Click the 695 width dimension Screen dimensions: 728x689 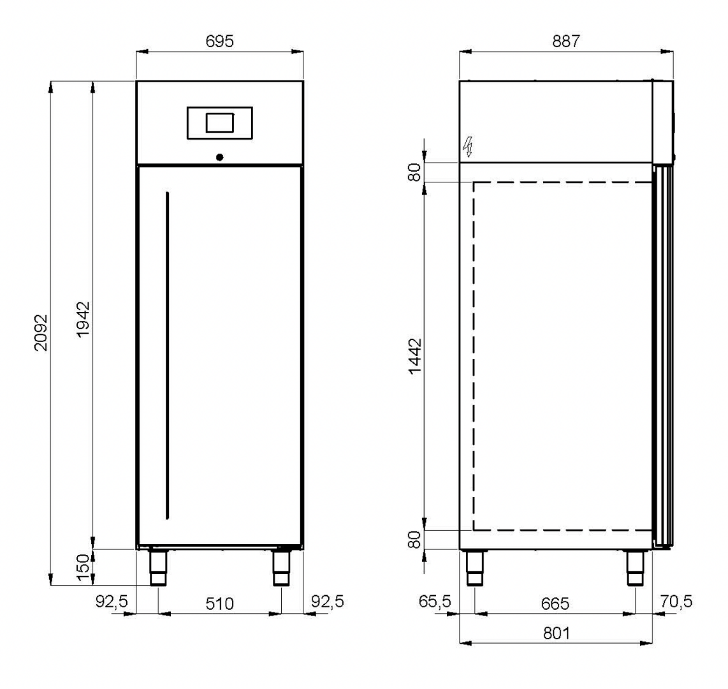coord(219,41)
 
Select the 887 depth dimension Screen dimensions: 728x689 coord(566,41)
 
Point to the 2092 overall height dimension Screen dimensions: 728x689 coord(41,332)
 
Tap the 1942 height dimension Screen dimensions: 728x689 coord(83,320)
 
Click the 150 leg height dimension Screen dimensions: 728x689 coord(83,567)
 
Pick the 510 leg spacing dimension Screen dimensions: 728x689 coord(219,604)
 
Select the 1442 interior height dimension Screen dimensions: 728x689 coord(414,356)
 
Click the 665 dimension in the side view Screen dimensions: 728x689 coord(555,604)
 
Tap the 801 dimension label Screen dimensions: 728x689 coord(556,633)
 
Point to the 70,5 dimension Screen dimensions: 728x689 coord(676,602)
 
